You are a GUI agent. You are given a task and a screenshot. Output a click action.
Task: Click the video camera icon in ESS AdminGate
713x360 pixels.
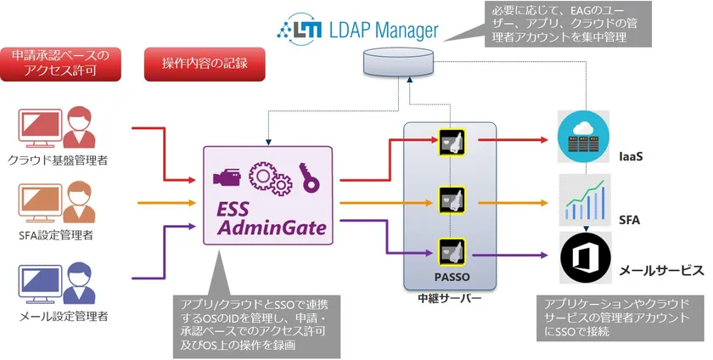(x=227, y=178)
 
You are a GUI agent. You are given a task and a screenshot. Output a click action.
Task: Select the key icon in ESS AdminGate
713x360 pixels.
(x=307, y=176)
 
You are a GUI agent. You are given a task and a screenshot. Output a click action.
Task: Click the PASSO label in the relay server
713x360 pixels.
(x=450, y=277)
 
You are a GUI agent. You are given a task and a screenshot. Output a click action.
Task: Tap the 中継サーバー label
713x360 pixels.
(x=450, y=299)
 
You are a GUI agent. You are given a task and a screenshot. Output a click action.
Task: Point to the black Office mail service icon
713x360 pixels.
(x=582, y=257)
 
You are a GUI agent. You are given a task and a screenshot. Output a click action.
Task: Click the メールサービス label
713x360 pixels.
(x=662, y=270)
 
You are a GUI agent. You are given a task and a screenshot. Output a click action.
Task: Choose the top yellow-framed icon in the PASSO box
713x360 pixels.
(x=449, y=139)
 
